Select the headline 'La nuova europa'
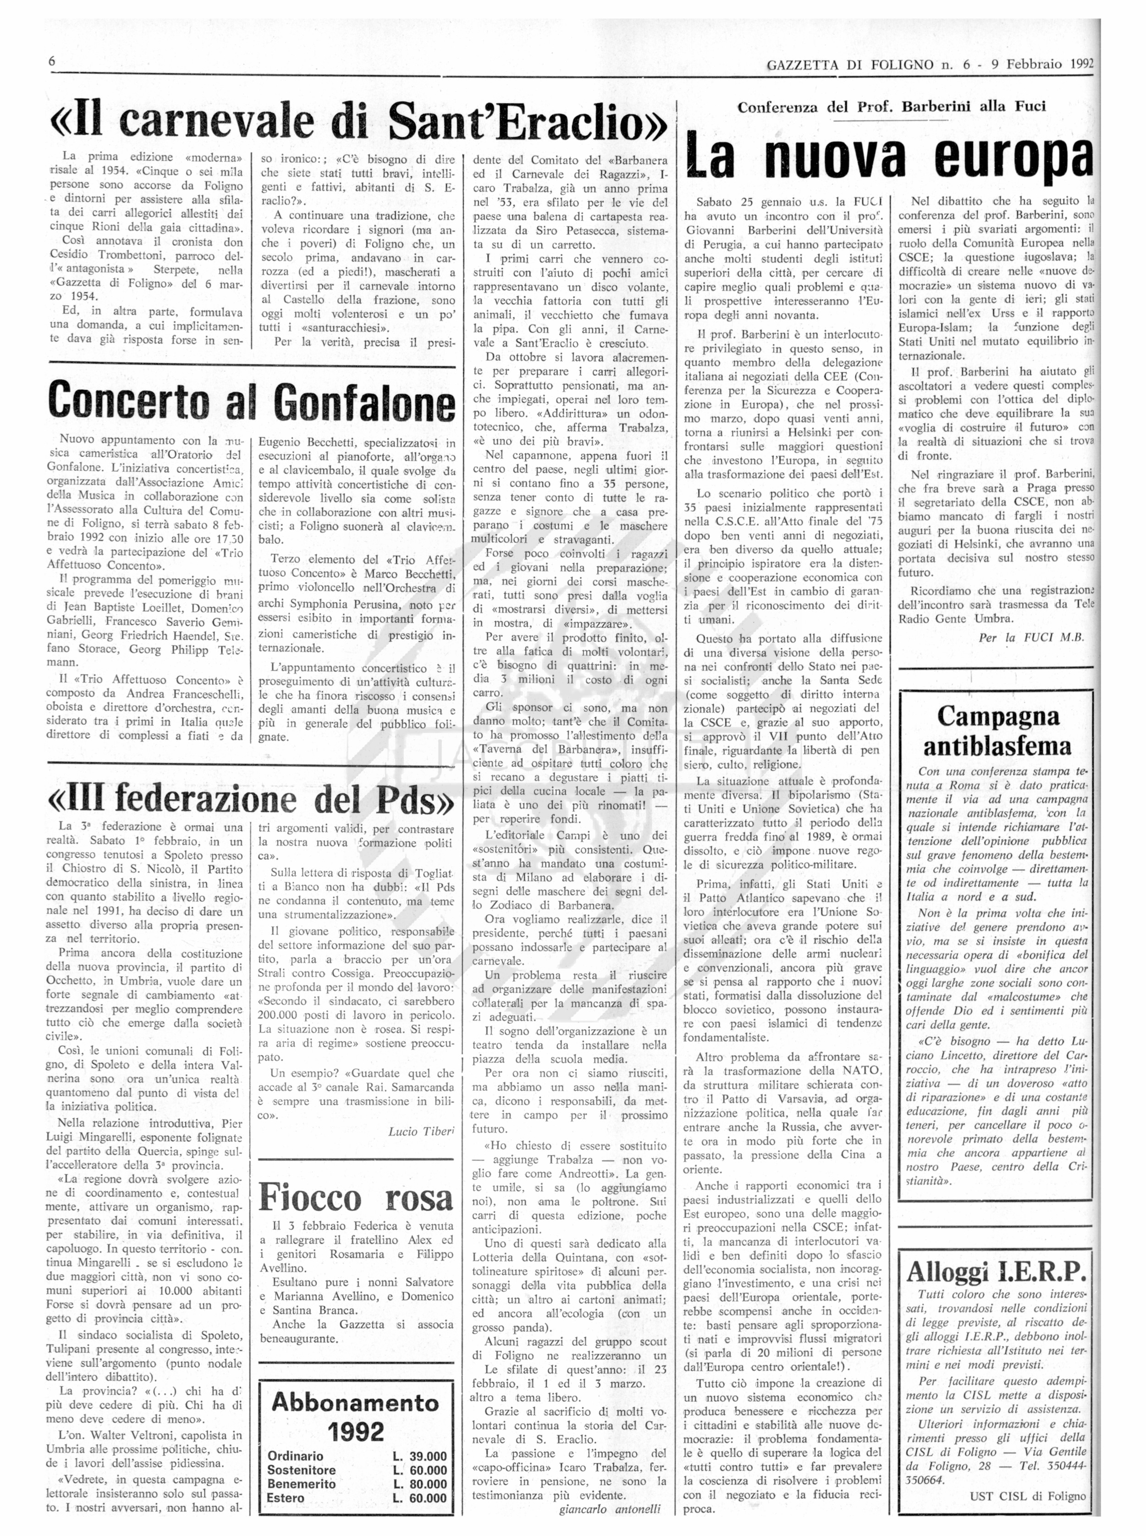pos(887,159)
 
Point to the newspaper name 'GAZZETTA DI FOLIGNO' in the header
pos(850,65)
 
